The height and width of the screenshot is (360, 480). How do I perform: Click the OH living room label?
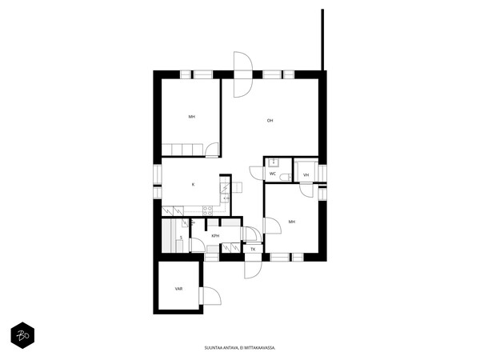[x=270, y=121]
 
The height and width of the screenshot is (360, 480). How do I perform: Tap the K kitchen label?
[x=193, y=184]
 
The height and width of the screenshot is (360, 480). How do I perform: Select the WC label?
[x=273, y=174]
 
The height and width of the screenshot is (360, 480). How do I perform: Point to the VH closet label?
[x=306, y=175]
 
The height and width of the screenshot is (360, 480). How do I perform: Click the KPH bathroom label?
[x=215, y=236]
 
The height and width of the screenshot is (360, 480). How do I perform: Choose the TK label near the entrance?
[x=253, y=249]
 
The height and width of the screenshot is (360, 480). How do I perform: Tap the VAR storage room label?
[x=178, y=289]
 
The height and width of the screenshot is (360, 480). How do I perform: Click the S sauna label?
[x=181, y=238]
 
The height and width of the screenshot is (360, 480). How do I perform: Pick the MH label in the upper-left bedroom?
[x=192, y=117]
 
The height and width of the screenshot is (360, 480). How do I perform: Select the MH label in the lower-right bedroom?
[x=292, y=222]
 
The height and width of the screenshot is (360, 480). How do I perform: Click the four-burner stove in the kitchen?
[x=207, y=210]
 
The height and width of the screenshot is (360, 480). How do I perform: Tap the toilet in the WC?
[x=286, y=177]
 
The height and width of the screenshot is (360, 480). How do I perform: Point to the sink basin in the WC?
[x=273, y=162]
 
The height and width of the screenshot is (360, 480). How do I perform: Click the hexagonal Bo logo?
[x=22, y=335]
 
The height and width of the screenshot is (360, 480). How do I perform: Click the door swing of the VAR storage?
[x=211, y=296]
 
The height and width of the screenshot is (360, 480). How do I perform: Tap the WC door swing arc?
[x=257, y=173]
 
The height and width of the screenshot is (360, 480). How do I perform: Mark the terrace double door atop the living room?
[x=243, y=74]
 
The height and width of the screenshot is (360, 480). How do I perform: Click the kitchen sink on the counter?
[x=225, y=198]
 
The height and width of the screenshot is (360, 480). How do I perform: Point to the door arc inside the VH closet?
[x=306, y=190]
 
